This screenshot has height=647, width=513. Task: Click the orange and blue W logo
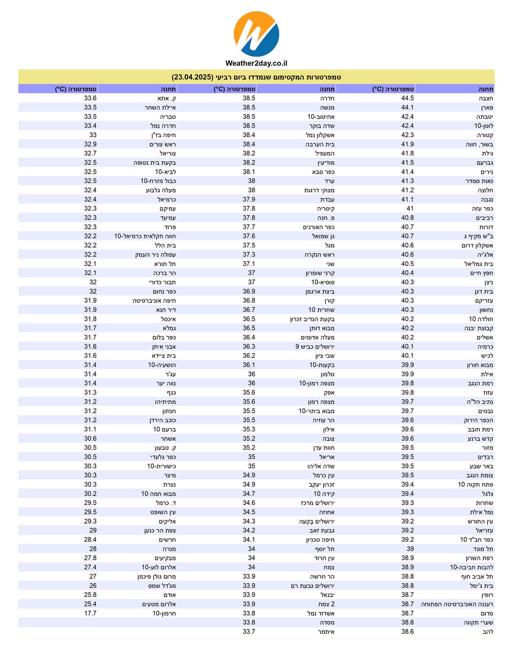point(256,34)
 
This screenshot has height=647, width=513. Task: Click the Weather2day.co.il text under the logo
point(256,63)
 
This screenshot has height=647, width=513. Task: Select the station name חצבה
point(486,98)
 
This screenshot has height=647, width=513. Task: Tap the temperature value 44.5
point(407,98)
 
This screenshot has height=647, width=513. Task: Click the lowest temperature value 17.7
point(90,613)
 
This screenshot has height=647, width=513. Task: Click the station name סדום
point(487,613)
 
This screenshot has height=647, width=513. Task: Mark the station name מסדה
point(327,622)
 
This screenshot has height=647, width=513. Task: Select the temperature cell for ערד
point(251,181)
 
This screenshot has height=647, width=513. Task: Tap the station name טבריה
point(168,117)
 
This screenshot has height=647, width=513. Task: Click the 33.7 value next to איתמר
point(249,631)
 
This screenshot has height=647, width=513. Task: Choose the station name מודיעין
point(326,163)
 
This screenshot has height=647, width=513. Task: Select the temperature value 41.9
point(407,144)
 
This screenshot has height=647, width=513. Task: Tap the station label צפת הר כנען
point(160,531)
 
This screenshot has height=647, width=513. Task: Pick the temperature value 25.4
point(90,604)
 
